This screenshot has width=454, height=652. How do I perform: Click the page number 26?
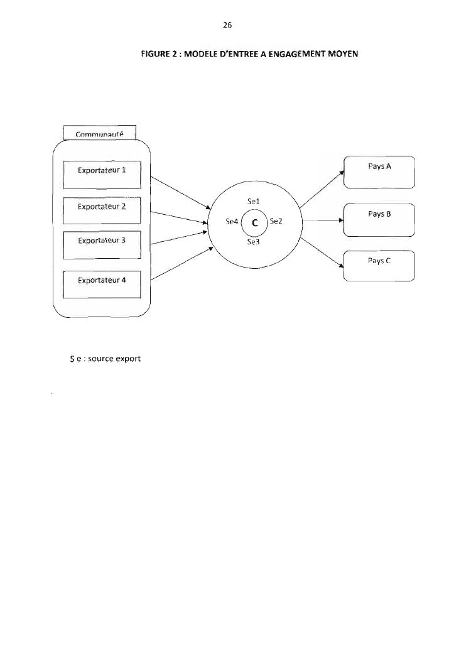click(227, 26)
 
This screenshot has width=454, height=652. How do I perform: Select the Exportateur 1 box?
click(102, 175)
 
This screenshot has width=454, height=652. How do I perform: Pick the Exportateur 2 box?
click(102, 210)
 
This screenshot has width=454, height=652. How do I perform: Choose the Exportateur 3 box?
click(102, 244)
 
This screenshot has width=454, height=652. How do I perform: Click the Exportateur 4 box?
click(102, 285)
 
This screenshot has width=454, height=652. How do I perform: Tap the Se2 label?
click(276, 222)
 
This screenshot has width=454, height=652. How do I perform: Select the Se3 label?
click(254, 242)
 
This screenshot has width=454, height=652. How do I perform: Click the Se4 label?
click(232, 222)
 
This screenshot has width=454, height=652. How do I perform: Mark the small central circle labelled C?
click(254, 222)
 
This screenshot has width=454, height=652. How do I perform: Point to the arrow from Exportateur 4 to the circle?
click(181, 266)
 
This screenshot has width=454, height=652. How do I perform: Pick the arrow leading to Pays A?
click(322, 186)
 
